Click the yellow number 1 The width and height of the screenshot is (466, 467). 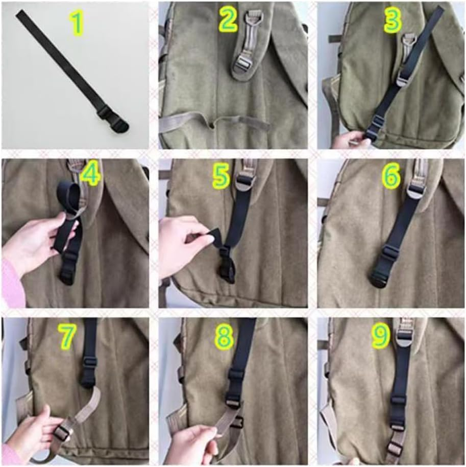77,24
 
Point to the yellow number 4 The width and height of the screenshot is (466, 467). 90,174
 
